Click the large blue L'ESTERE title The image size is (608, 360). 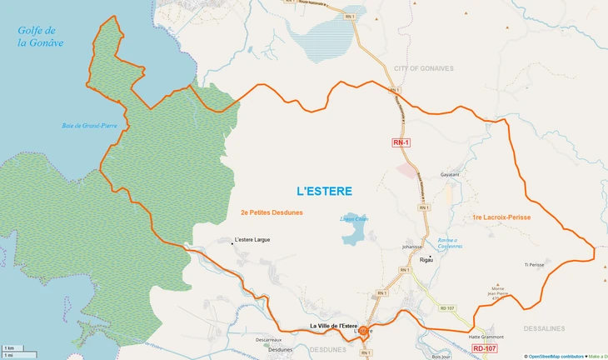click(324, 191)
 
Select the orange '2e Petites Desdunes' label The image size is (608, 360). click(271, 212)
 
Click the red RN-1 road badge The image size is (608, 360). click(401, 142)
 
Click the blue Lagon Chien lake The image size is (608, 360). click(352, 237)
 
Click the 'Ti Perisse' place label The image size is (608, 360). click(534, 265)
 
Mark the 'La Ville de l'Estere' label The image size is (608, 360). click(333, 325)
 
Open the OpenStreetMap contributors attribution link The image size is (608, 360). click(556, 356)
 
